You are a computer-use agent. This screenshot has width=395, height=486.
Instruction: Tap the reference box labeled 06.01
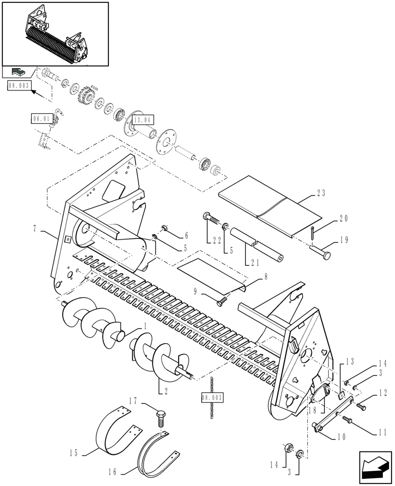click(40, 118)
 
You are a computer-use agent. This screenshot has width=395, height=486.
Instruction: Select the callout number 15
click(73, 454)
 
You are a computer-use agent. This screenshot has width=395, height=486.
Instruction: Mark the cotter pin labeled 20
click(311, 232)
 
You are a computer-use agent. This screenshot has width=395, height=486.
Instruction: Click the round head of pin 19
click(326, 254)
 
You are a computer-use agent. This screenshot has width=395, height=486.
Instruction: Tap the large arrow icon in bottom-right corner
click(375, 465)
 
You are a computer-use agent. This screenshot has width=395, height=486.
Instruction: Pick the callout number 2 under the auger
click(160, 390)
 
